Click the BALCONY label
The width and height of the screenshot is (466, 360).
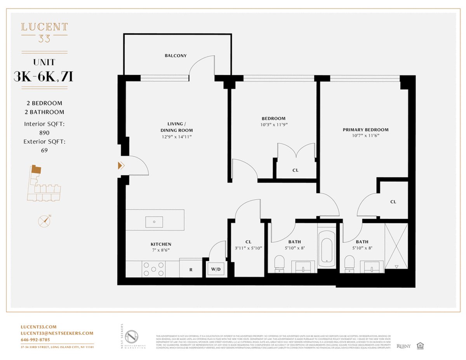click(176, 56)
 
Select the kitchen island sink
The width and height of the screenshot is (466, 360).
click(154, 222)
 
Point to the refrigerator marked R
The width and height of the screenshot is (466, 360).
click(191, 269)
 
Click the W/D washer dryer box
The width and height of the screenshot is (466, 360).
click(215, 269)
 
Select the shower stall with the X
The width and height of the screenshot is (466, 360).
click(396, 246)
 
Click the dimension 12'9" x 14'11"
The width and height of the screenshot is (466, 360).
click(177, 137)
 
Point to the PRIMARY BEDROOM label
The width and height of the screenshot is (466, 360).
click(365, 130)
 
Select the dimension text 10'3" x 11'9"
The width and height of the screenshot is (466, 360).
click(273, 125)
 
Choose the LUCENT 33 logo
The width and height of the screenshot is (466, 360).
click(44, 31)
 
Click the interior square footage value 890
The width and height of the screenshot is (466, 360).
click(45, 132)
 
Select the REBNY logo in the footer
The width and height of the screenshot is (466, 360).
click(404, 346)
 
